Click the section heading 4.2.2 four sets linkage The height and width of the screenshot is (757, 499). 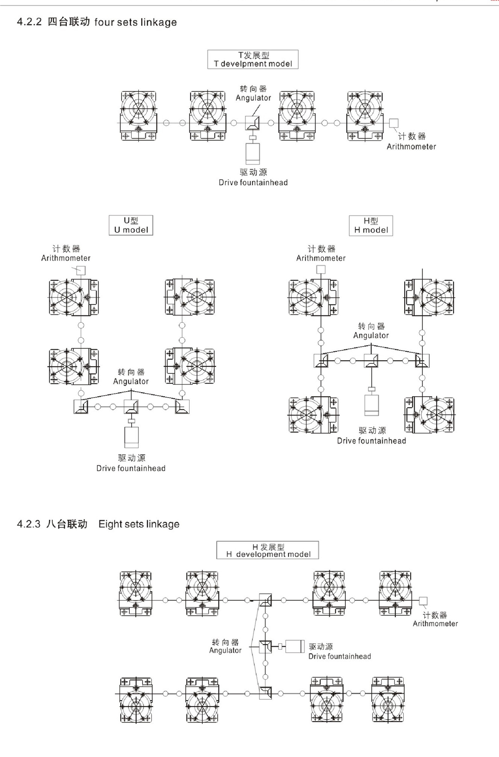(97, 22)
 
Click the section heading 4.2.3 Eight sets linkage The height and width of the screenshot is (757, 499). (98, 524)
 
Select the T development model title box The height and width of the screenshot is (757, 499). (253, 59)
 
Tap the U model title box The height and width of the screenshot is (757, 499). (131, 225)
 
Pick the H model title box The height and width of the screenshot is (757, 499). (371, 225)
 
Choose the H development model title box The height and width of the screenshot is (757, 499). (267, 550)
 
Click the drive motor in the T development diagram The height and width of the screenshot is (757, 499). (253, 154)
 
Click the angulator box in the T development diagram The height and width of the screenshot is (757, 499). (253, 123)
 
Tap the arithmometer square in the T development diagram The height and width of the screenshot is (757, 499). (393, 123)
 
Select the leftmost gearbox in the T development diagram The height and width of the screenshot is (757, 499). (138, 116)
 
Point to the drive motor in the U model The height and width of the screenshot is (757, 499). (131, 437)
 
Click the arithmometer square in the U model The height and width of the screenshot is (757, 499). (80, 270)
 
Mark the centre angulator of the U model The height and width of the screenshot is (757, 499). (131, 407)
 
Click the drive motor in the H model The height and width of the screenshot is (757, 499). (371, 405)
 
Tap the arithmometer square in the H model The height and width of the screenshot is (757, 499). (321, 269)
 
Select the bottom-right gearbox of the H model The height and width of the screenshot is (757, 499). (430, 415)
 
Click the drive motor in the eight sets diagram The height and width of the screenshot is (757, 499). (295, 646)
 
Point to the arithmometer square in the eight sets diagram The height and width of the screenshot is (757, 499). (423, 601)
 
